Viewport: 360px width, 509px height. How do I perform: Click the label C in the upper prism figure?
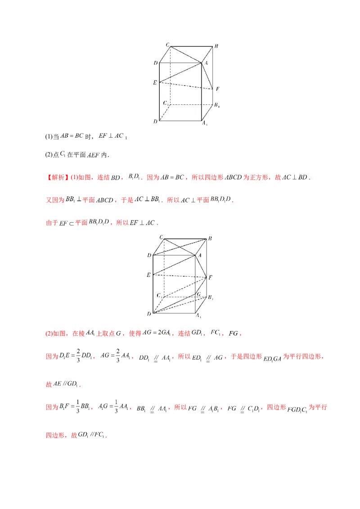(x=167, y=44)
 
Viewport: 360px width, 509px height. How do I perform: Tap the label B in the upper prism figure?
(x=216, y=46)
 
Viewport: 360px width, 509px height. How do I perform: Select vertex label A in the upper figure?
(x=206, y=63)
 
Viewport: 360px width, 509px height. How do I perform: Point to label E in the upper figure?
(x=155, y=83)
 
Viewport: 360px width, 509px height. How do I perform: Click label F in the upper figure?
(x=217, y=89)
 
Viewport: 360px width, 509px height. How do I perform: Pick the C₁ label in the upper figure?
(x=166, y=103)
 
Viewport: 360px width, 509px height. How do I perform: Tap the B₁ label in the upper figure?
(x=217, y=105)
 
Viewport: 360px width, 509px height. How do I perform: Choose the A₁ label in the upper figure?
(x=204, y=122)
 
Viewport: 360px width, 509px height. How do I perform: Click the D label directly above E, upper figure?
(x=155, y=63)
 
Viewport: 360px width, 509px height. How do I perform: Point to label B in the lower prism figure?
(x=210, y=239)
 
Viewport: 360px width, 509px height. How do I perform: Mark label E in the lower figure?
(x=148, y=274)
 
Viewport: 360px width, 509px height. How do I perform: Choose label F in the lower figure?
(x=211, y=278)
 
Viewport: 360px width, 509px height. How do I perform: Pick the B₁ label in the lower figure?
(x=210, y=297)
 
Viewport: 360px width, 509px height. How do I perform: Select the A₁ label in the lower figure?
(x=198, y=316)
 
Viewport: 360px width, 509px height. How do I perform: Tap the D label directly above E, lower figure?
(x=149, y=255)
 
